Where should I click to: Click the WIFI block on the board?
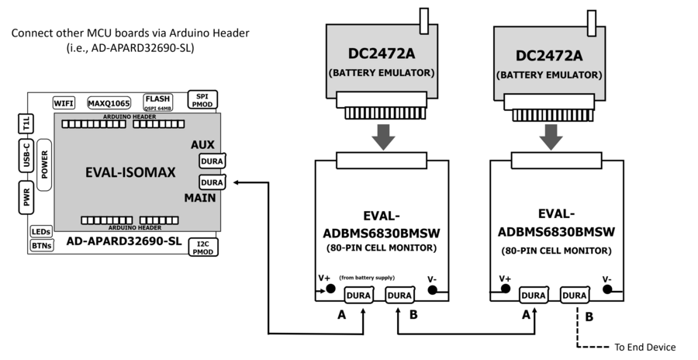coord(64,103)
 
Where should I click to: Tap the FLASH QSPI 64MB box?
coord(157,103)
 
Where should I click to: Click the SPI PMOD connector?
coord(203,99)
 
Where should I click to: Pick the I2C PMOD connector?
coord(203,247)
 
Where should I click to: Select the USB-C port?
coord(26,156)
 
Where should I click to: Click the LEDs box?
coord(40,232)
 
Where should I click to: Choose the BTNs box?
coord(40,246)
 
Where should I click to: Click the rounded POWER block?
coord(44,159)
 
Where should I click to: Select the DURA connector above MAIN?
coord(211,182)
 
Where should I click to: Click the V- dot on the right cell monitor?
coord(608,289)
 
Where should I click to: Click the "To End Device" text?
coord(644,347)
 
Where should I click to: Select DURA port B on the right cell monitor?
coord(575,295)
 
